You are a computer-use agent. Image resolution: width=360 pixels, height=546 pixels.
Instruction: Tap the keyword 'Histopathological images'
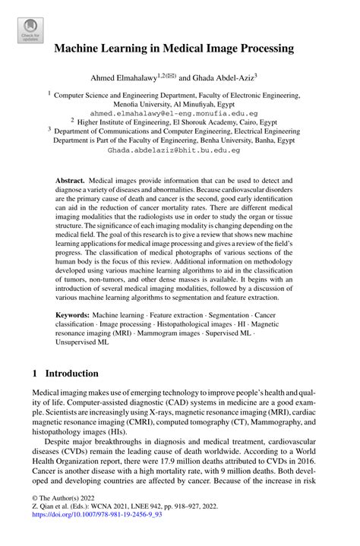coord(193,323)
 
